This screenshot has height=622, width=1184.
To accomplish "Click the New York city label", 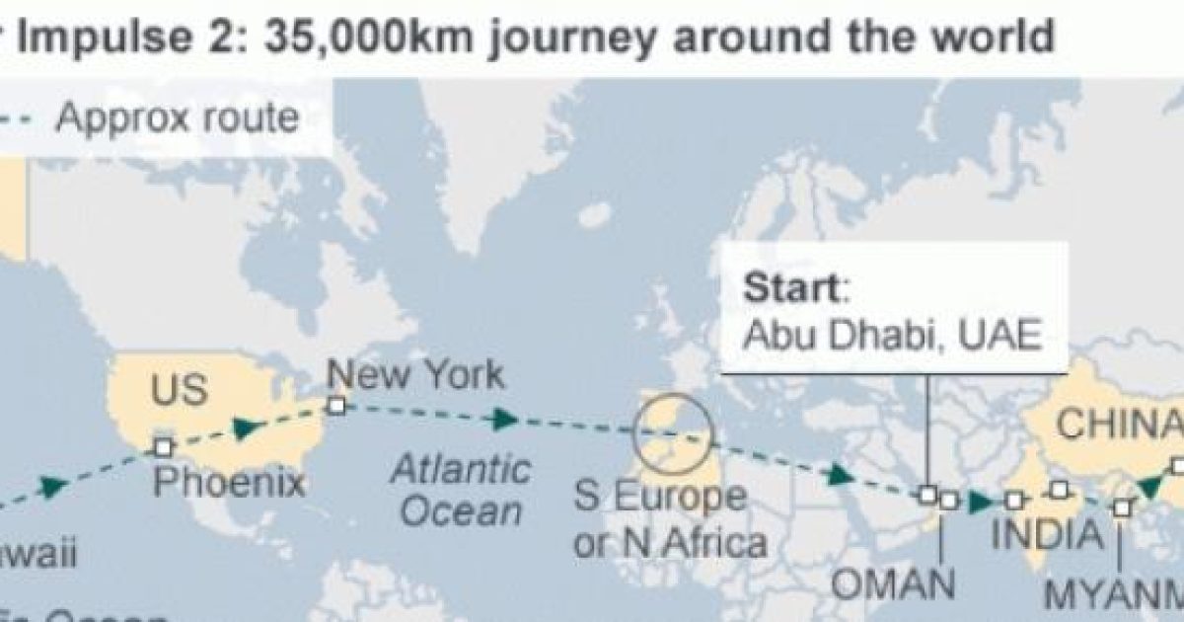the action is [414, 375].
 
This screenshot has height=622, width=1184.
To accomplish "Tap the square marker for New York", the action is [336, 405].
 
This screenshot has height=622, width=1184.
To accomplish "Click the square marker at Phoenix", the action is [164, 447].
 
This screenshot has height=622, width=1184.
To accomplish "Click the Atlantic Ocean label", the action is [459, 490].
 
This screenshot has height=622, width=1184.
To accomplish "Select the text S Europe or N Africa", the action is [670, 518].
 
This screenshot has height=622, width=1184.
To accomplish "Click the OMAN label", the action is [894, 583].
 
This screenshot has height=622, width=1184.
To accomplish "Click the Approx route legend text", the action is [177, 117].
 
